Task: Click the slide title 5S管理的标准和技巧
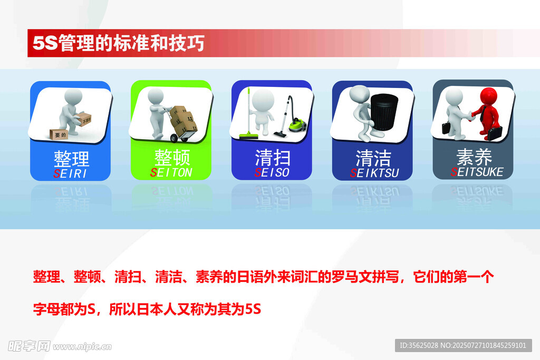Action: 119,43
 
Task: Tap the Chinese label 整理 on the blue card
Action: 71,159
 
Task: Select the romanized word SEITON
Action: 171,172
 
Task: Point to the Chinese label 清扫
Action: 273,158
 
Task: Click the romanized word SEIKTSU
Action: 374,173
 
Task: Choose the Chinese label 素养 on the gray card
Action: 474,157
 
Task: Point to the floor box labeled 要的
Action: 59,134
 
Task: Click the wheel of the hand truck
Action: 174,138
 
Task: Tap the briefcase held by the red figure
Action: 494,133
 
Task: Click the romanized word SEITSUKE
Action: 477,171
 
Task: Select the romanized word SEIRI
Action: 70,173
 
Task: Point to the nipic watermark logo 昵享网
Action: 29,346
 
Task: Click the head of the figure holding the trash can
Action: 359,93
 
